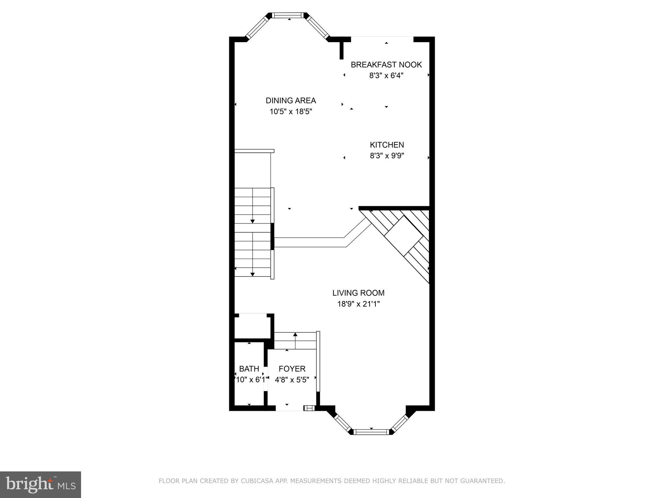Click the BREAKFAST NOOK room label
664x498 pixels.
click(x=386, y=65)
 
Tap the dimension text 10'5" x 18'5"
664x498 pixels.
click(x=290, y=112)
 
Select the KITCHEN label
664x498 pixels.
click(x=387, y=145)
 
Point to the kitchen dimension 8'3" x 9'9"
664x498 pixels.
click(x=387, y=156)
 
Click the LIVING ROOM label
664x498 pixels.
click(x=358, y=293)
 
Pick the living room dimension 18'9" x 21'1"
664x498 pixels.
click(x=358, y=304)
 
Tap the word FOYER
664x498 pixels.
click(x=292, y=369)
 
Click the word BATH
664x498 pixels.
click(x=249, y=369)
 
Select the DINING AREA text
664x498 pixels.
click(x=290, y=101)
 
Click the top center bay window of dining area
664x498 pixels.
click(x=288, y=15)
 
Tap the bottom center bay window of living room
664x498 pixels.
click(x=371, y=432)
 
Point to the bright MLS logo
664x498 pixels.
click(x=41, y=484)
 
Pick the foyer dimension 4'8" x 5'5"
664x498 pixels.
click(x=292, y=380)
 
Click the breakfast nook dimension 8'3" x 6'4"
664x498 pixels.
click(x=386, y=76)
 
